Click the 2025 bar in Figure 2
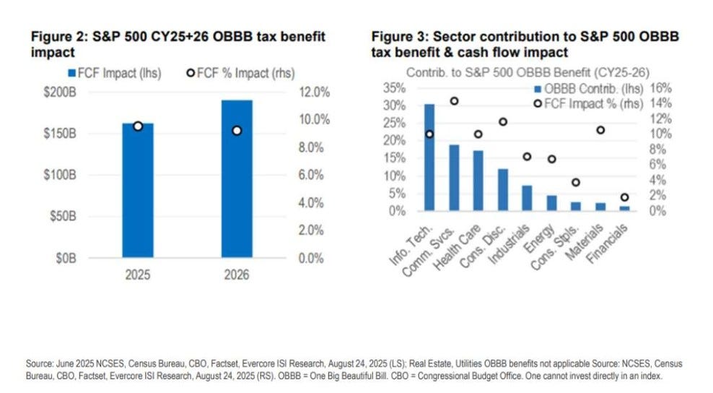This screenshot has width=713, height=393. point(137,189)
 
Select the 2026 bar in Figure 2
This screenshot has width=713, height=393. point(237,178)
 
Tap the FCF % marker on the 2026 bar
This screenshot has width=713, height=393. point(237,131)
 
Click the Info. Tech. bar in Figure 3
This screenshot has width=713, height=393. point(429,157)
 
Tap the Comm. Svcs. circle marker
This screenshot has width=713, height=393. point(454,100)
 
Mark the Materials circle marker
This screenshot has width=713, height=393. point(600,130)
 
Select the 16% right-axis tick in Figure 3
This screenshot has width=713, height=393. point(662,87)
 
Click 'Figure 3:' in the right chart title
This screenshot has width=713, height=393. point(395,36)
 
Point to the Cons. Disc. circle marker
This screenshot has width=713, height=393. point(503,122)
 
